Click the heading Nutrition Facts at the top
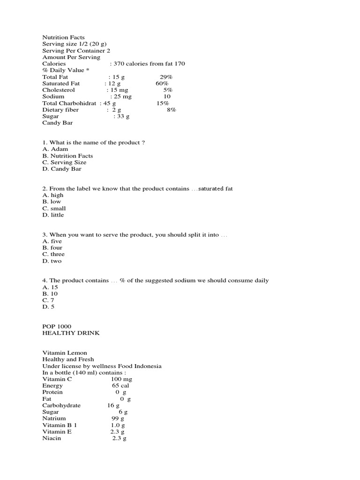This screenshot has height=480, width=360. [x=64, y=37]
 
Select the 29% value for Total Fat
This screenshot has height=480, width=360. [x=166, y=77]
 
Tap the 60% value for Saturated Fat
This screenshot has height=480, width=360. [x=162, y=83]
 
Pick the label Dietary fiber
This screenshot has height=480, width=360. [x=60, y=110]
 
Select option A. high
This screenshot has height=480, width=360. [x=53, y=195]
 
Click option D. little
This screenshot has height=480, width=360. [x=53, y=215]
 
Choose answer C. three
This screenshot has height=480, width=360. [x=54, y=254]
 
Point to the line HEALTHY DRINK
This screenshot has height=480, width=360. [x=71, y=333]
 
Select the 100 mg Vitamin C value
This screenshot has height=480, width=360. [x=121, y=379]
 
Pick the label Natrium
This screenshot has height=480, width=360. [x=54, y=418]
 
